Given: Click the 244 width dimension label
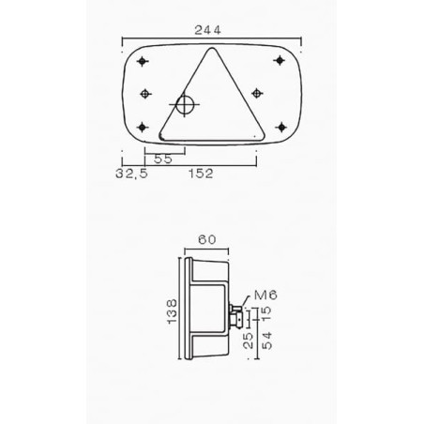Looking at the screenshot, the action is tap(207, 30).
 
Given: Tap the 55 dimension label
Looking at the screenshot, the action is tap(163, 159).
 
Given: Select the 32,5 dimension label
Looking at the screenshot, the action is tap(131, 174).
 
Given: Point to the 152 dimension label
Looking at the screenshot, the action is tap(201, 174).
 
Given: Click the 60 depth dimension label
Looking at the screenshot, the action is tap(207, 239).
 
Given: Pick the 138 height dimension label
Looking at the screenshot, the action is tap(172, 311).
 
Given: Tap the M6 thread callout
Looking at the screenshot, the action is tap(265, 295).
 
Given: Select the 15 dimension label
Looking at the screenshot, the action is tap(266, 314).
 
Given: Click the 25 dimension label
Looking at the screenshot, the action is tap(248, 341).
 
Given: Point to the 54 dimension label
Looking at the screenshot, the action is tap(266, 341).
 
